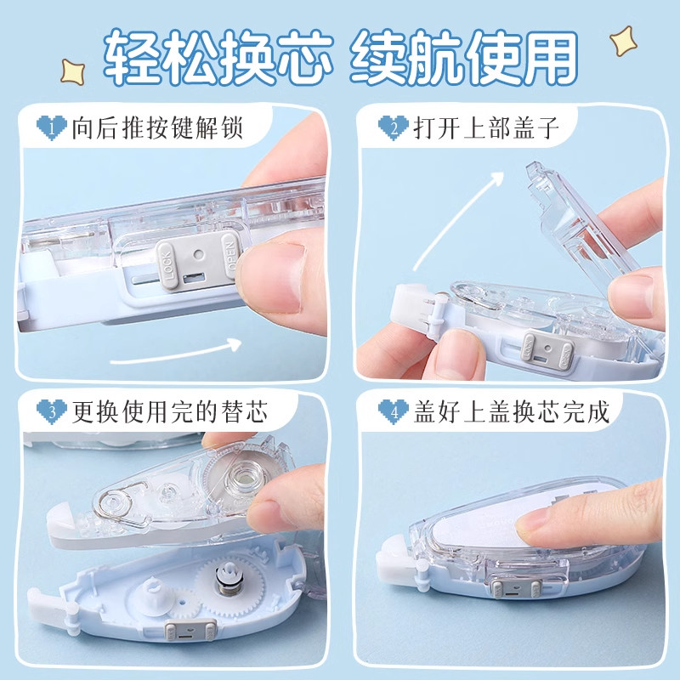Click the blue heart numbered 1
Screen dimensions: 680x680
[x=52, y=128]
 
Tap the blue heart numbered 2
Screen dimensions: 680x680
[x=394, y=128]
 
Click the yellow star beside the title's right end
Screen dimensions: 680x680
[x=623, y=41]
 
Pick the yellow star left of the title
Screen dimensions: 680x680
[x=72, y=71]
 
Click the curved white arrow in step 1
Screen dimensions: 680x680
[x=176, y=353]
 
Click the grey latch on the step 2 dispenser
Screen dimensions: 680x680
[x=548, y=351]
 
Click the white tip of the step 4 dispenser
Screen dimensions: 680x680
[x=394, y=560]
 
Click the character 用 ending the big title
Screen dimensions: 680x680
[x=546, y=56]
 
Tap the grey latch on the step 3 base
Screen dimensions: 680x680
[x=190, y=629]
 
